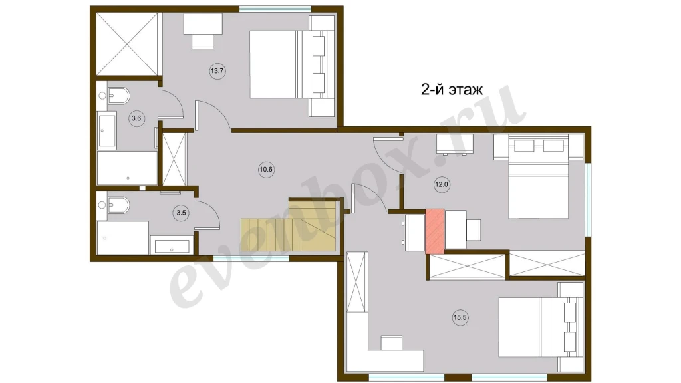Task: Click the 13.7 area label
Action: [217, 70]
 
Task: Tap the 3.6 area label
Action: [136, 118]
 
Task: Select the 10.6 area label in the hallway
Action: [266, 170]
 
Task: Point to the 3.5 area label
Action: [181, 213]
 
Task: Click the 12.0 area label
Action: [442, 185]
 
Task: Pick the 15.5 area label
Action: [460, 317]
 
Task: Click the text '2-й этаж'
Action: [452, 90]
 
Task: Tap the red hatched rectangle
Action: [435, 231]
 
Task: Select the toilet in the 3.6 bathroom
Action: [117, 96]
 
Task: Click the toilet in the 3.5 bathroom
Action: [117, 205]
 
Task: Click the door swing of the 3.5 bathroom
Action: [211, 213]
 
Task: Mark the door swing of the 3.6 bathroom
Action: [174, 103]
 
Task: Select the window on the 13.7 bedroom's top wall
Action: [275, 9]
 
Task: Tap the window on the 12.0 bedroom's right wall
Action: [588, 199]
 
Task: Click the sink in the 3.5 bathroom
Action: [172, 246]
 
